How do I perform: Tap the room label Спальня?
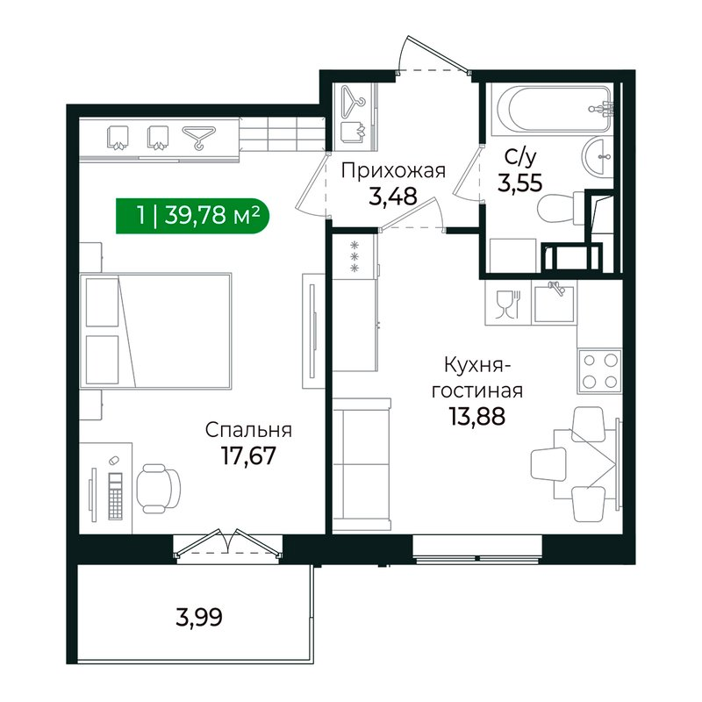[x=248, y=431]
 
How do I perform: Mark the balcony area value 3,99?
[x=198, y=617]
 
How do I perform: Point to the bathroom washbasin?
[x=599, y=157]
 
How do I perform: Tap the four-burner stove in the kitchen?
[x=599, y=369]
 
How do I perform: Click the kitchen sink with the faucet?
[x=555, y=304]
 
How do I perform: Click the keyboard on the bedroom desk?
[x=113, y=497]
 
